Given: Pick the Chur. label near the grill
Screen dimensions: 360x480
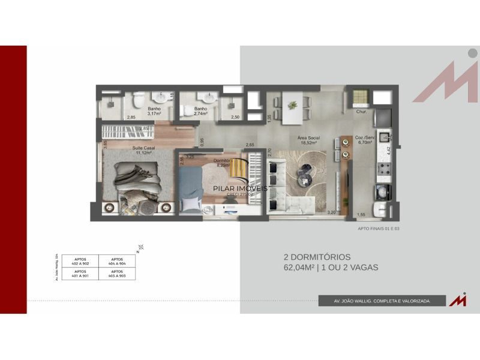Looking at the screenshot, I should (x=361, y=112).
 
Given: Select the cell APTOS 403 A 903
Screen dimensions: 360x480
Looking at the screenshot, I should (x=116, y=274).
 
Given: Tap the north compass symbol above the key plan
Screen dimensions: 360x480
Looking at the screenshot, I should (x=140, y=247).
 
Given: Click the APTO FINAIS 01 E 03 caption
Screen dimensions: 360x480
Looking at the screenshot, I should (x=377, y=229).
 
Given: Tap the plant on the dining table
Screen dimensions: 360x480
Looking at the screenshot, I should (x=293, y=105).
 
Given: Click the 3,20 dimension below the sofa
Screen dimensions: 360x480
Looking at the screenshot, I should (x=331, y=212).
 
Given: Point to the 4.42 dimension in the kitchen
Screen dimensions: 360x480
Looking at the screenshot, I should (x=389, y=151).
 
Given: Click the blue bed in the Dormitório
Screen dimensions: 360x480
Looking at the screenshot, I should (x=191, y=186).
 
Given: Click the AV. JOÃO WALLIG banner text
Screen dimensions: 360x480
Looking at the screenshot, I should (x=382, y=301).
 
